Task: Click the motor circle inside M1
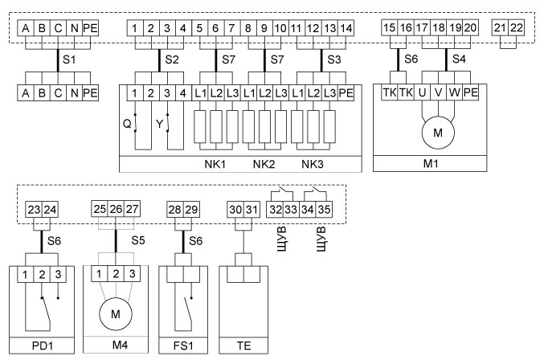click(438, 133)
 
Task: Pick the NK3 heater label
click(314, 164)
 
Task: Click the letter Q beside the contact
click(125, 125)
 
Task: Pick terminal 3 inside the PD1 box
click(59, 276)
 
